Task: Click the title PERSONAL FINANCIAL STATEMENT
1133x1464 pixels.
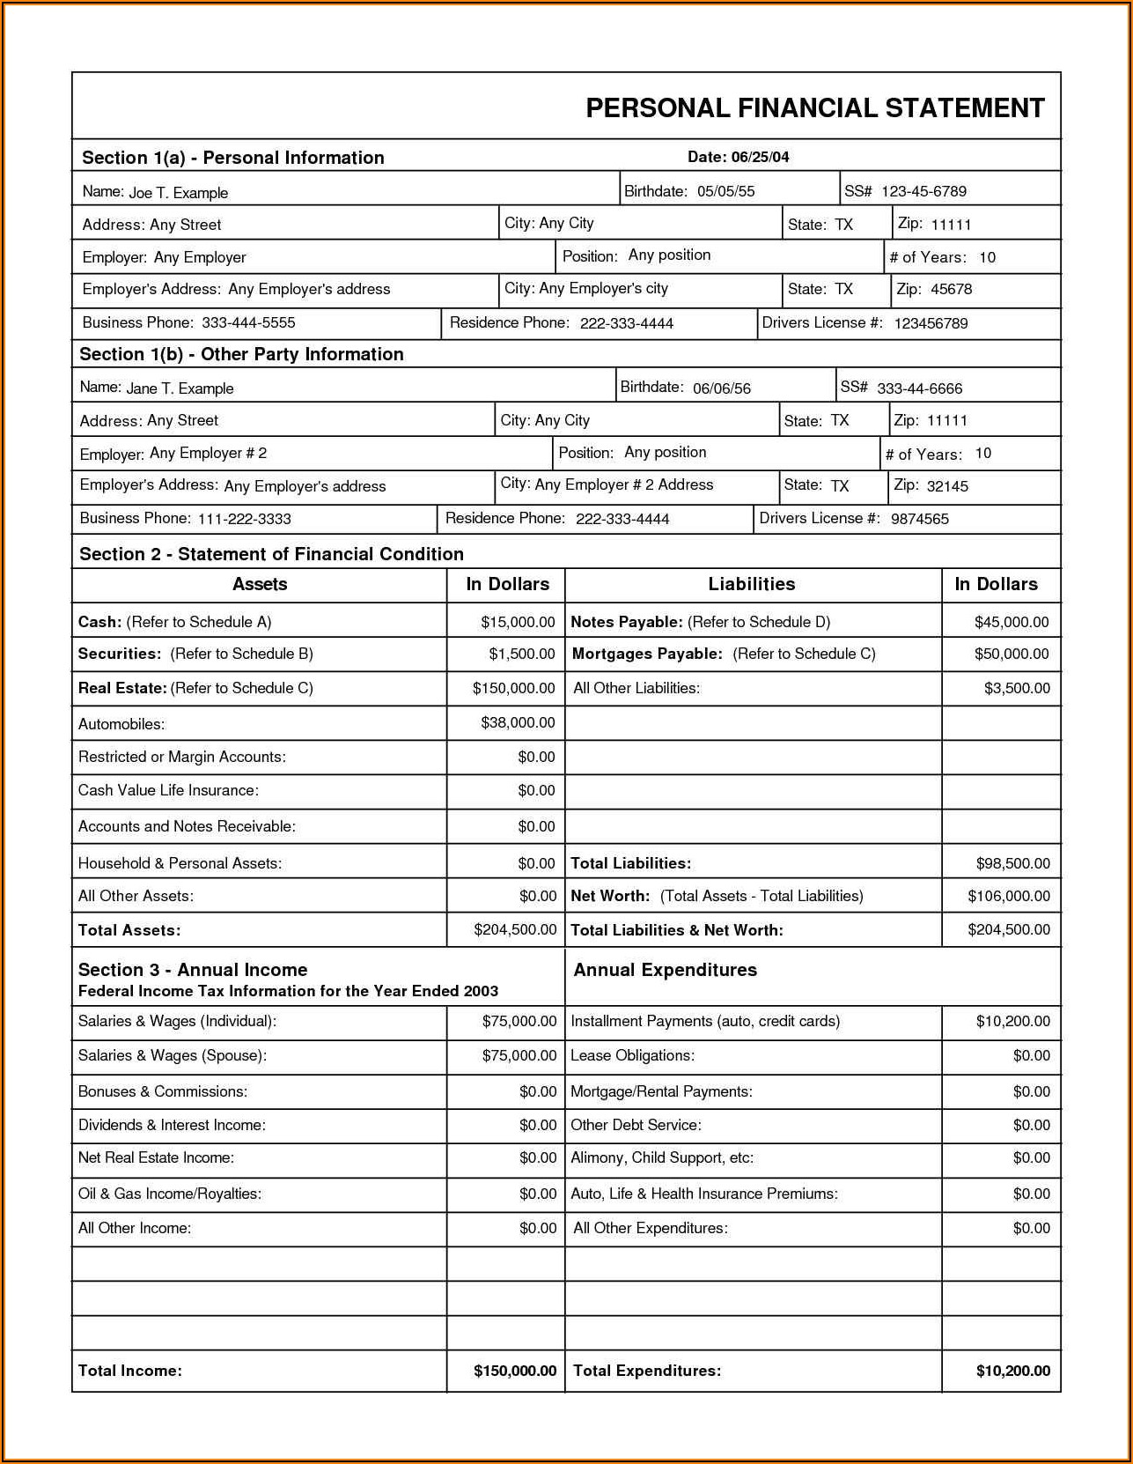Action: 815,108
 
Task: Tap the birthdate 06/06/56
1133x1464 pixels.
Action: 721,388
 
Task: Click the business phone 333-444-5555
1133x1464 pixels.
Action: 248,322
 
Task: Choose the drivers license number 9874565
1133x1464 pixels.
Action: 919,519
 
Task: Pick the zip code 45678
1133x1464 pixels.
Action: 951,289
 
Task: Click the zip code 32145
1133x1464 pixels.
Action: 947,485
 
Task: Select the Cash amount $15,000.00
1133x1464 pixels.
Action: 518,622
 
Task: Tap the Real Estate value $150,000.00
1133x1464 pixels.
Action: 513,688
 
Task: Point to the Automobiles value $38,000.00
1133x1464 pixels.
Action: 518,722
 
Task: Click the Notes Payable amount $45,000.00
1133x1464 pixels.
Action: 1011,622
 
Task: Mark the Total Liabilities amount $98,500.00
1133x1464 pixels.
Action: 1012,863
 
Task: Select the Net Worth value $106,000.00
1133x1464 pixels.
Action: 1008,896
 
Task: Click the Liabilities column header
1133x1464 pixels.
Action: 751,584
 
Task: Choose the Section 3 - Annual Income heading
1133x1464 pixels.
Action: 193,970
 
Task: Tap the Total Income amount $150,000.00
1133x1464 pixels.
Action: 515,1371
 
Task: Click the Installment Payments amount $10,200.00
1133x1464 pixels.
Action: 1012,1021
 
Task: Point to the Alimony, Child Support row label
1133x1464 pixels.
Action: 661,1157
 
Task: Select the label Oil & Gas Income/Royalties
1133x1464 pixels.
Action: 170,1194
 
